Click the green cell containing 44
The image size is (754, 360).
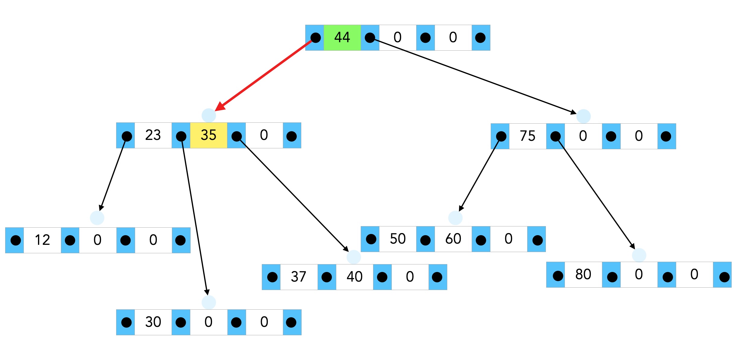coord(342,38)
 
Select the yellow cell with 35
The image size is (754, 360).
coord(208,135)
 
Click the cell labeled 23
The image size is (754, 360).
coord(153,135)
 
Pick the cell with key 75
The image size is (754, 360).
coord(527,136)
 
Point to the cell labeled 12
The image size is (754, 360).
coord(42,240)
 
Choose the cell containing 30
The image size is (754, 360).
coord(153,322)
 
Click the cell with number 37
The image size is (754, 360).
coord(299,277)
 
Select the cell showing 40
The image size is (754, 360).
coord(354,277)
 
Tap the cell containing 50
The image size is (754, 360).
coord(398,239)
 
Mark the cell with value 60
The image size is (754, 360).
coord(453,239)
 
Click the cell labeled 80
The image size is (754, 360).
coord(583,275)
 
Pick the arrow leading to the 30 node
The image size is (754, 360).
coord(195,217)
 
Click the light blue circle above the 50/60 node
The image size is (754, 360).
coord(455,218)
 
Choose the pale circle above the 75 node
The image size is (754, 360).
coord(583,116)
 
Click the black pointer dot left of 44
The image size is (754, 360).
coord(315,38)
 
